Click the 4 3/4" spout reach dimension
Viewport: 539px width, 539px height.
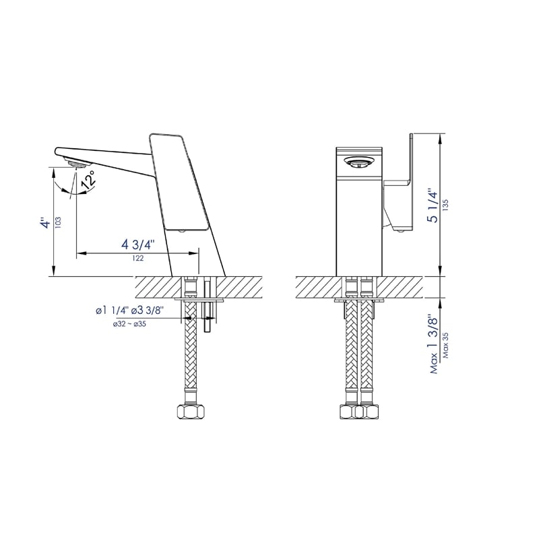138,244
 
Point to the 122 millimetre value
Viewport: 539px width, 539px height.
137,258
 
